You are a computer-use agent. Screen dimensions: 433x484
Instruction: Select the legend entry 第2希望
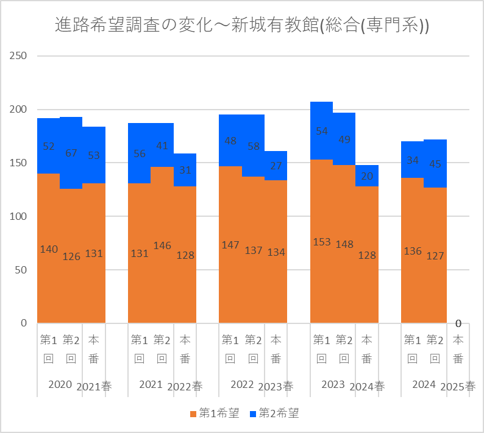click(x=274, y=414)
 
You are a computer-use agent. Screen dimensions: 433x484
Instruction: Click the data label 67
click(x=71, y=153)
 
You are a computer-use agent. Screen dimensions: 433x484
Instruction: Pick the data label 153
click(x=322, y=242)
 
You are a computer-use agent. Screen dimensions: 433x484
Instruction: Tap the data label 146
click(x=162, y=245)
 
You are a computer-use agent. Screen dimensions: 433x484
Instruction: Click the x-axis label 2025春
click(x=458, y=386)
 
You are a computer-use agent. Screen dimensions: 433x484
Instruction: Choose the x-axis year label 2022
click(x=242, y=384)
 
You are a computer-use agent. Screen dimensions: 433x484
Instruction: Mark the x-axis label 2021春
click(x=93, y=386)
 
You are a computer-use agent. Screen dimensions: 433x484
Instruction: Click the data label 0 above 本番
click(x=458, y=323)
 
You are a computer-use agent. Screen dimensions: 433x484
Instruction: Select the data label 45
click(x=435, y=163)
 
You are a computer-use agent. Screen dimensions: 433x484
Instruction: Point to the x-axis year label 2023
click(x=333, y=384)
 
